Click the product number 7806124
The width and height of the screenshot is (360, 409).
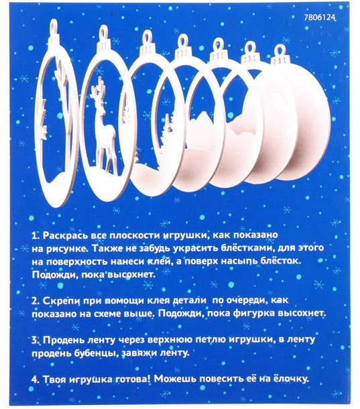[x=320, y=17]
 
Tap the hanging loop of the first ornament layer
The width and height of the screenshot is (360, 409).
[x=54, y=26]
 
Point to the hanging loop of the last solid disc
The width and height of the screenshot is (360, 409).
[x=280, y=52]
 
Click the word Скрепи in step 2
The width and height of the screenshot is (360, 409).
[x=61, y=301]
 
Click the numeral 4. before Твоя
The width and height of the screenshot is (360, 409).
[x=36, y=379]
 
